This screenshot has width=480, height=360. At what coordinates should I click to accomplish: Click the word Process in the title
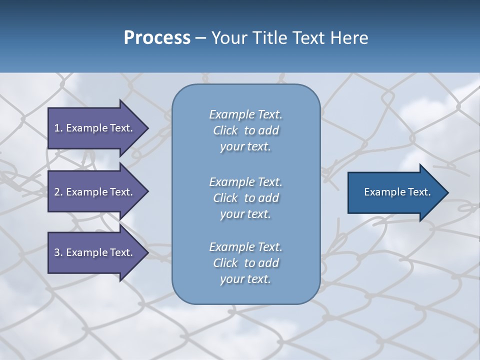tap(157, 38)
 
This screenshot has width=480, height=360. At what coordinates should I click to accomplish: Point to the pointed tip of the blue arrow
tap(447, 192)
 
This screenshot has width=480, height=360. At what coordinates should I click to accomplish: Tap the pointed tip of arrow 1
tap(147, 128)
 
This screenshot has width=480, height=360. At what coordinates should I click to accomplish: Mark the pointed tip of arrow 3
tap(147, 252)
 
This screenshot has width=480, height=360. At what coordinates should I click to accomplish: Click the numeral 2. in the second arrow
tap(58, 192)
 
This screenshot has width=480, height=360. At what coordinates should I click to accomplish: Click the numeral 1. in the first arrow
tap(58, 128)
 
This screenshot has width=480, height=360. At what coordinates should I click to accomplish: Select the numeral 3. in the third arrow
tap(58, 252)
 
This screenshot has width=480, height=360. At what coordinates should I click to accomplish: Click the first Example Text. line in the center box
tap(245, 114)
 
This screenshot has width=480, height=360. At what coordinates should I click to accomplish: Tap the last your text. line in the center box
tap(245, 279)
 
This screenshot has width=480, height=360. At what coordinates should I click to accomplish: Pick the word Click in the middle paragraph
tap(225, 198)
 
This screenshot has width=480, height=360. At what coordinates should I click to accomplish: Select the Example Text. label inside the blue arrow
tap(397, 192)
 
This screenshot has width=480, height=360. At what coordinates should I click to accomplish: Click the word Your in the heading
tap(228, 38)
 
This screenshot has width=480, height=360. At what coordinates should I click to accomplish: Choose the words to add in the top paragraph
tap(261, 130)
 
